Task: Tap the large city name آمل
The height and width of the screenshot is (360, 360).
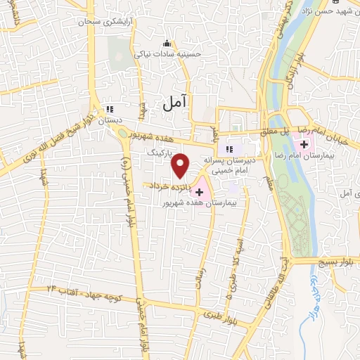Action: point(176,103)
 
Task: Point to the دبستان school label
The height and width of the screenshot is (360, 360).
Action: point(110,121)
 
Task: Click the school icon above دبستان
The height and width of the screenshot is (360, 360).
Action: point(110,110)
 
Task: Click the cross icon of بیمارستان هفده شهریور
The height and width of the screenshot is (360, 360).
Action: point(200,191)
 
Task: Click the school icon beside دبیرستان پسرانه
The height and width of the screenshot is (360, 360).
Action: point(228,149)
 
